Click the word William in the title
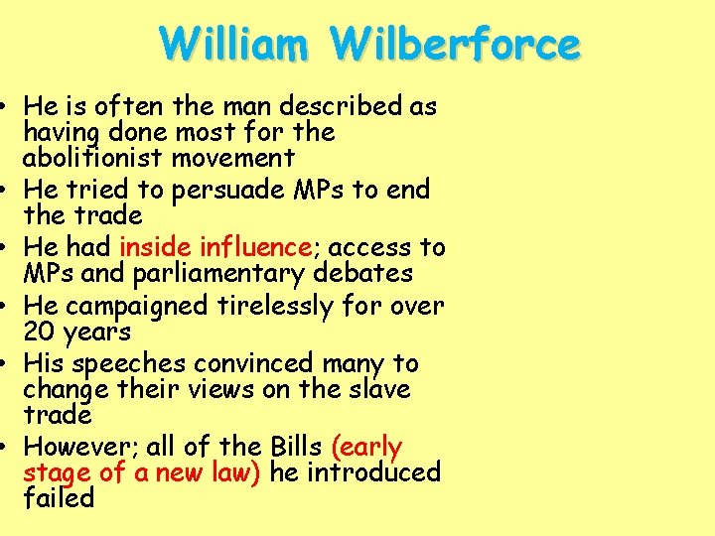pyautogui.click(x=238, y=45)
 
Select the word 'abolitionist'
pyautogui.click(x=86, y=158)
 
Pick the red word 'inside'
pyautogui.click(x=157, y=247)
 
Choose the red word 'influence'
pyautogui.click(x=257, y=247)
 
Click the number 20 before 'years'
pyautogui.click(x=40, y=332)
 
